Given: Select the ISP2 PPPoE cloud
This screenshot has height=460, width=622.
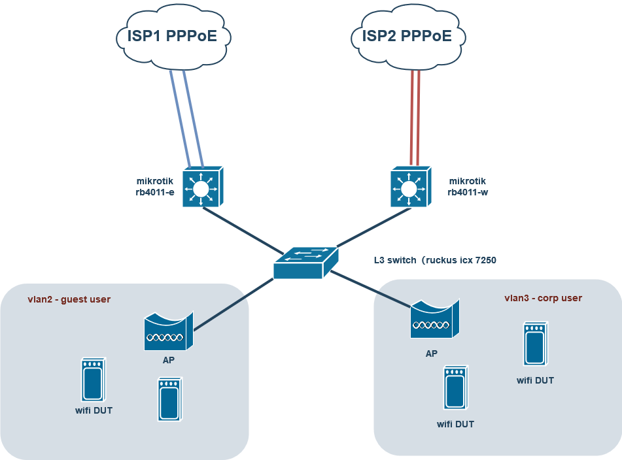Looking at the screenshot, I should [407, 37].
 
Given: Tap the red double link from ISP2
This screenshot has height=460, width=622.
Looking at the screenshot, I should [415, 118].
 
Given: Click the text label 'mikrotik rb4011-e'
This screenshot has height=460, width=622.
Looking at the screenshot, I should [154, 186].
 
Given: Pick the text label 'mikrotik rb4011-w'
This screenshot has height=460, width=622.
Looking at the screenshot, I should [467, 186].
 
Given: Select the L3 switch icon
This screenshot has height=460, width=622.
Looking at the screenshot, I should [305, 263].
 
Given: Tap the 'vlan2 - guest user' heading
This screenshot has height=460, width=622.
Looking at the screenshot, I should [69, 299].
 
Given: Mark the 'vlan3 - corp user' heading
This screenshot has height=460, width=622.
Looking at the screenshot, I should [543, 298].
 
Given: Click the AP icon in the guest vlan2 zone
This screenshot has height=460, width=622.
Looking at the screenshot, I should [168, 331].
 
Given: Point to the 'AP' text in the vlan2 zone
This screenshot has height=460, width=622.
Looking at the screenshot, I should [168, 359].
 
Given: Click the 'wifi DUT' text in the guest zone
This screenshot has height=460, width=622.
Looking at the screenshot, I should [94, 410].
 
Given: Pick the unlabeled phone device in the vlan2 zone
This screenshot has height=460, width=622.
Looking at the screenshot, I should [169, 399].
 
